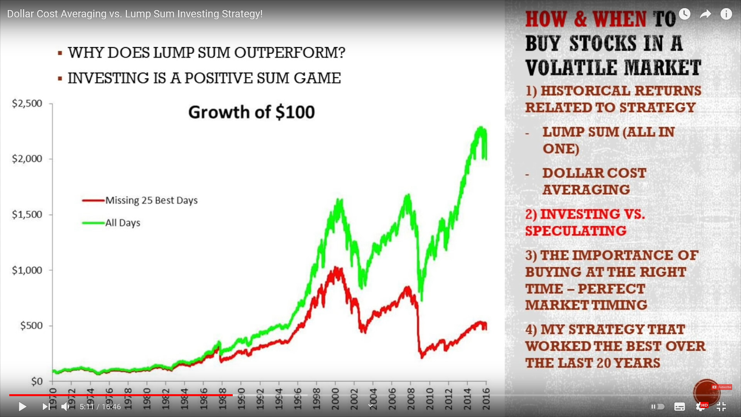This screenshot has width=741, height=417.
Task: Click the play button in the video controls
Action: pos(22,407)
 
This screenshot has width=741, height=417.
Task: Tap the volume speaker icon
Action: pos(65,407)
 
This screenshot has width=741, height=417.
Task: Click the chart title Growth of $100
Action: pos(252,112)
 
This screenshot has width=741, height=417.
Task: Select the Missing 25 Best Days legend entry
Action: pos(140,200)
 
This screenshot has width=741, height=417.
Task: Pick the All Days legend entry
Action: pos(111,223)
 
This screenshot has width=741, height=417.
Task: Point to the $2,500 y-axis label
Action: pos(27,103)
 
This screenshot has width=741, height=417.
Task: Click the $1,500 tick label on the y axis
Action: pos(27,215)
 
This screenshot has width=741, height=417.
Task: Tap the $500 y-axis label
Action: pos(31,326)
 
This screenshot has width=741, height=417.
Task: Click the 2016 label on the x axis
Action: pos(486,398)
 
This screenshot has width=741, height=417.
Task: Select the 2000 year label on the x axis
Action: pos(335,398)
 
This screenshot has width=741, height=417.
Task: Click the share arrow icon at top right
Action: pos(705,14)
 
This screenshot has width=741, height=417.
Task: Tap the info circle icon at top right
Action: pos(726,14)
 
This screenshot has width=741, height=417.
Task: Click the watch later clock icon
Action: pos(684,14)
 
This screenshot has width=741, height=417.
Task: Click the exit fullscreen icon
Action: pos(721,407)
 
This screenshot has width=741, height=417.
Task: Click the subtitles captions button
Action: pos(680,407)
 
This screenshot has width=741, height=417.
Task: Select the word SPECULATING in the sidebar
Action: pos(576,231)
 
